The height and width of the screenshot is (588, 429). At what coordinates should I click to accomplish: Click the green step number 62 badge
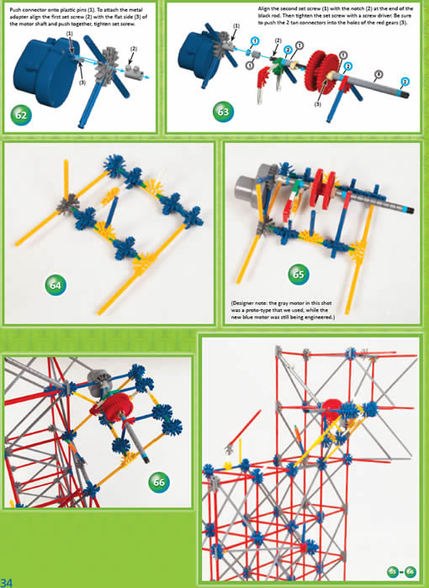pyautogui.click(x=21, y=114)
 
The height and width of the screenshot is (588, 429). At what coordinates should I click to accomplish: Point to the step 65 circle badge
pyautogui.click(x=299, y=274)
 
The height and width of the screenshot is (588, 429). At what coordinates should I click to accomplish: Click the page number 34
pyautogui.click(x=8, y=581)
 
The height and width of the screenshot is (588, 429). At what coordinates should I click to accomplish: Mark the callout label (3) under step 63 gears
pyautogui.click(x=318, y=104)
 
